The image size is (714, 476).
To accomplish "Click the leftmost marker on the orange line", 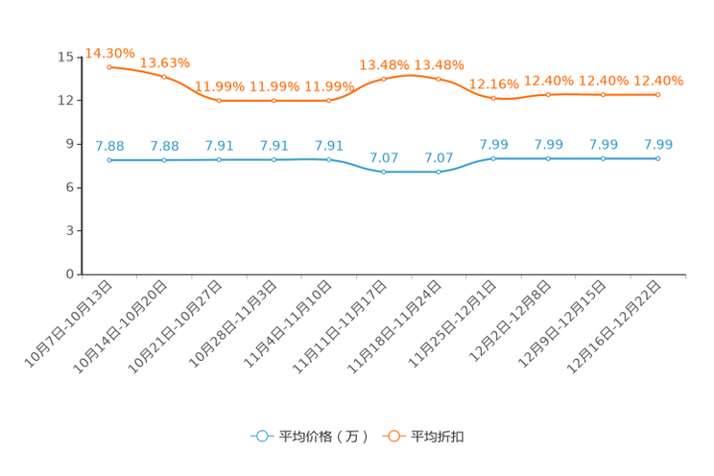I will (x=109, y=66).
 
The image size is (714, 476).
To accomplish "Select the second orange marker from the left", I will (x=164, y=76).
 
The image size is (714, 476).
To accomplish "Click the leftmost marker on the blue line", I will (x=109, y=160).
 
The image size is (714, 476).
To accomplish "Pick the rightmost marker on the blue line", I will (x=657, y=158).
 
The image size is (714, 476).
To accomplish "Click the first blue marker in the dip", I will (x=384, y=172).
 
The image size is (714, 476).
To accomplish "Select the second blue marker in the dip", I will (x=439, y=172).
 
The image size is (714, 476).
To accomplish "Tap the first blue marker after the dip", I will (x=493, y=157).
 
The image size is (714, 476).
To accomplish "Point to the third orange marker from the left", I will (x=220, y=100).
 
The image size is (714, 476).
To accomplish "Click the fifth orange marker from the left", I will (x=329, y=100).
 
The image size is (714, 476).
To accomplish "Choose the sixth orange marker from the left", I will (x=384, y=79).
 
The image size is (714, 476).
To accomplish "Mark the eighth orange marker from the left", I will (x=493, y=97).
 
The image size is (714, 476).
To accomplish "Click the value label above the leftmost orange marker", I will (x=109, y=52).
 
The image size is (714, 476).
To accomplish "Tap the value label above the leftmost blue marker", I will (x=109, y=146).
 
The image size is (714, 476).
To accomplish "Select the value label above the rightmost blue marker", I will (x=657, y=144).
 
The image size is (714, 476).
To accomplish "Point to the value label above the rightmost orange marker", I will (x=657, y=79).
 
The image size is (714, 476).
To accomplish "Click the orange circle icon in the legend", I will (x=393, y=436).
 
